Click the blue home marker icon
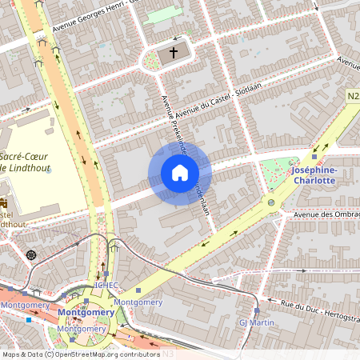point(180,173)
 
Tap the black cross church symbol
point(174,53)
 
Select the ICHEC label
point(106,285)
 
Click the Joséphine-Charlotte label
point(313,175)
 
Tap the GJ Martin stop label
point(256,322)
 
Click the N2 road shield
point(352,96)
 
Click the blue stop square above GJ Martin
point(256,310)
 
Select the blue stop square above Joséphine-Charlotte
point(314,157)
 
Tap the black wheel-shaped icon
point(31,255)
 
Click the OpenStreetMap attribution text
point(80,354)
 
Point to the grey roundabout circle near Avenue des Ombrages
point(271,202)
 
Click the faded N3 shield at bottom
point(167,353)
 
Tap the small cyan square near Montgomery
point(29,320)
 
